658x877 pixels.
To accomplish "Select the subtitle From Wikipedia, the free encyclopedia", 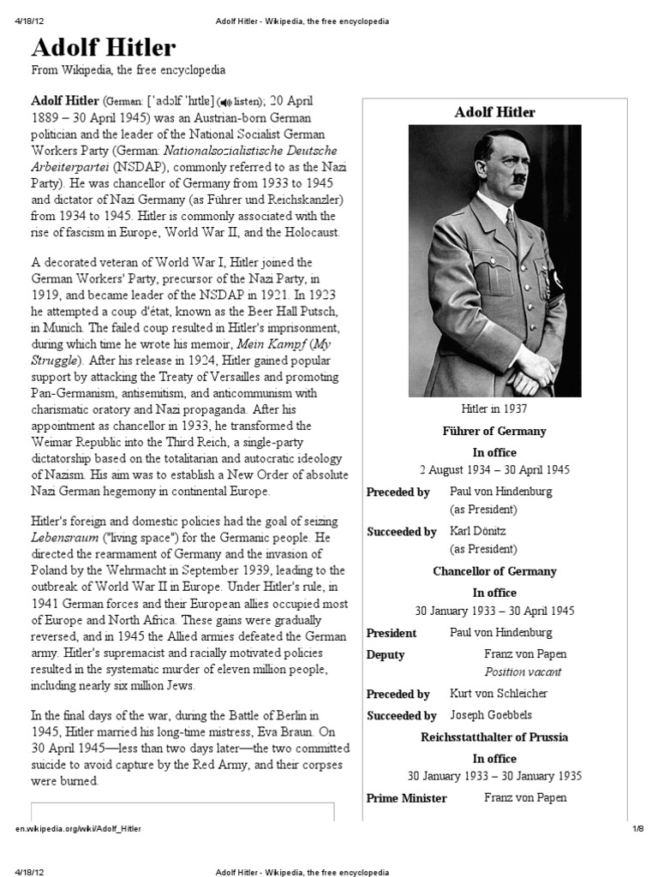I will coord(129,69).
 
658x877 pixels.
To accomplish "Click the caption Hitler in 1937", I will coord(494,410).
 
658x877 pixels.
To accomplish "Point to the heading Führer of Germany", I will coord(494,431).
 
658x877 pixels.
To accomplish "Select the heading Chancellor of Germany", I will coord(494,571).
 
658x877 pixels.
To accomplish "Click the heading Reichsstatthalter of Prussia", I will coord(494,737).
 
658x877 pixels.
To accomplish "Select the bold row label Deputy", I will coord(386,654).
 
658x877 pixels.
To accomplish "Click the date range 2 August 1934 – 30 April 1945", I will coord(494,470).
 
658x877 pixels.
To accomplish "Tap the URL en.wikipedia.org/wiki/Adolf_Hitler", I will coord(79,830).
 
